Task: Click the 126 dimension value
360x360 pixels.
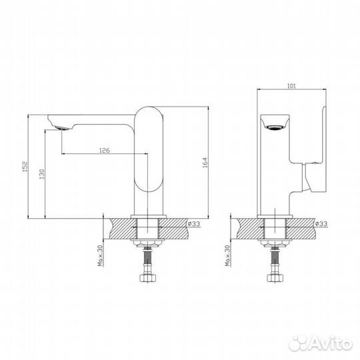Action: point(105,151)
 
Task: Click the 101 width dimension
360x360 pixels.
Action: point(291,85)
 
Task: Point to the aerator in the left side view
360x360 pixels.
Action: point(61,127)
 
